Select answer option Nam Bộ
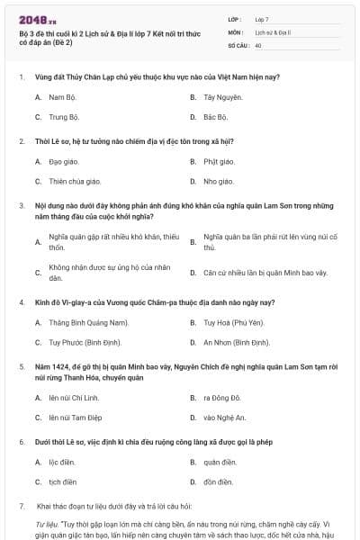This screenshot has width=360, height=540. [61, 96]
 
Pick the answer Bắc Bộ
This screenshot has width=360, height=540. [215, 117]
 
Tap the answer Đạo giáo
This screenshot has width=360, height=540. [62, 162]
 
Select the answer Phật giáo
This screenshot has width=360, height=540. [219, 162]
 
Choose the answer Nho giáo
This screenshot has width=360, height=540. [217, 183]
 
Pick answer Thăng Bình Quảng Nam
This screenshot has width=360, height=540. [89, 322]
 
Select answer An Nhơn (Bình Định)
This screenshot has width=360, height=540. [236, 343]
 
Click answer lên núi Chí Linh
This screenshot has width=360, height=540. [73, 397]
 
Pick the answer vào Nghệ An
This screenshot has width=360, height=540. [224, 418]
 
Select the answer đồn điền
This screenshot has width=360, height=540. [217, 483]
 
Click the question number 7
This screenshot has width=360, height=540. [21, 507]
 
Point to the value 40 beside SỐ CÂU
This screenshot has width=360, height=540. [258, 45]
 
